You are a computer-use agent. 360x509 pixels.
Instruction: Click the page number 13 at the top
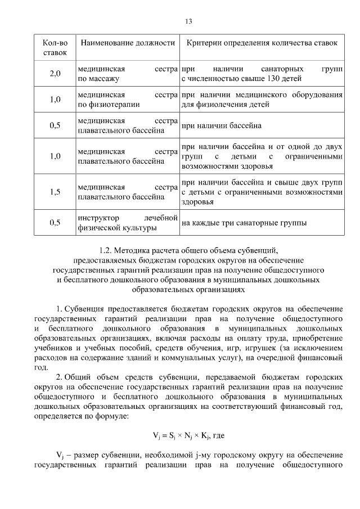click(188, 21)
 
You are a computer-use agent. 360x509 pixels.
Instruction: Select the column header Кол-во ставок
click(55, 47)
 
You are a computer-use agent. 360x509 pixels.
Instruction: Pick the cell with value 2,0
click(55, 74)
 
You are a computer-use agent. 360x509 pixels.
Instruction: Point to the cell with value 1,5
click(55, 192)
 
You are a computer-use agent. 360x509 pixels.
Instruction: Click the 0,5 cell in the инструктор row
click(55, 223)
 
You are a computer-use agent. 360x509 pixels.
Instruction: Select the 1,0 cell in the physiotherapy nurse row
click(55, 100)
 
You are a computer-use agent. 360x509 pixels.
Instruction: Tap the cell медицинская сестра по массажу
click(127, 74)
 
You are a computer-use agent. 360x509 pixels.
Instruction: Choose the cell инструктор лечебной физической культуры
click(127, 223)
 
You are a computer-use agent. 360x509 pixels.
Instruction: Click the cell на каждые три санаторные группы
click(244, 223)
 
